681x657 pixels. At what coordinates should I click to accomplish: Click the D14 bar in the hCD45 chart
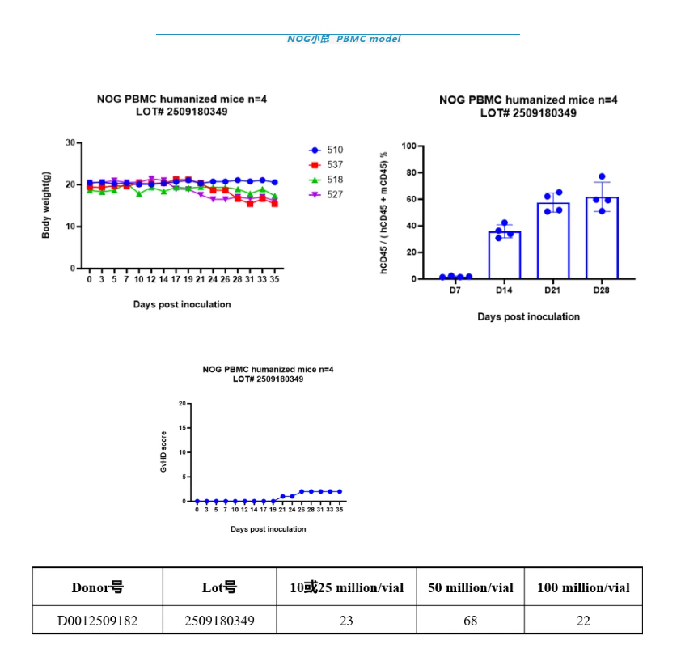click(505, 255)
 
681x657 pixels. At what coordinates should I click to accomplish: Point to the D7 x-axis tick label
click(456, 290)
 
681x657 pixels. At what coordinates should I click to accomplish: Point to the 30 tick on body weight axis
click(70, 143)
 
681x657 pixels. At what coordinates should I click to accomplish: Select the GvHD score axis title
click(163, 451)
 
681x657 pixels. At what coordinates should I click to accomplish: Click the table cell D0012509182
click(97, 621)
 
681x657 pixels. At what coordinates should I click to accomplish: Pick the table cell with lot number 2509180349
click(218, 621)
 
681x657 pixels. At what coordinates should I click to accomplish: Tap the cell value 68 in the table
click(470, 621)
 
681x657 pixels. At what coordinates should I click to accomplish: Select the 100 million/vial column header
click(583, 587)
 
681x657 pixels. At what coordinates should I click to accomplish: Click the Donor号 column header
click(97, 587)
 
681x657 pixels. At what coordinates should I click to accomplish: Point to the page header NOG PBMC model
click(343, 39)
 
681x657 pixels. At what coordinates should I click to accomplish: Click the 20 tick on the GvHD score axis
click(183, 403)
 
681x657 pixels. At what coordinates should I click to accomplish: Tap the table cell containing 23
click(346, 621)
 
